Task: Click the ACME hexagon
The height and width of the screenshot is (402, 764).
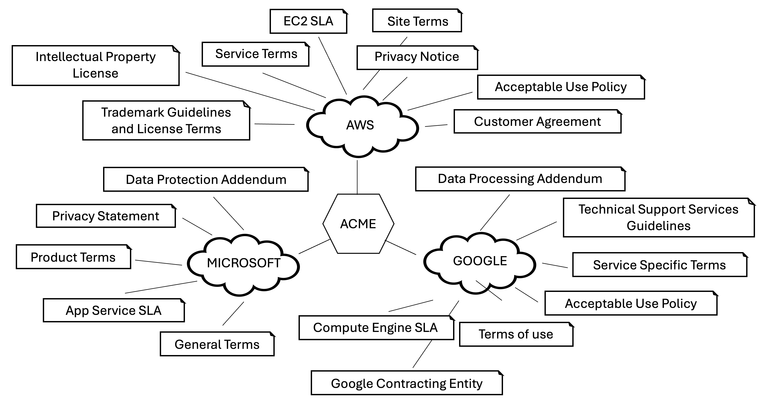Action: (358, 224)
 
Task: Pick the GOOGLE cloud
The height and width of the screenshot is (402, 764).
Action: (480, 261)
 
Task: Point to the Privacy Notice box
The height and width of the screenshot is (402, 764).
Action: (417, 57)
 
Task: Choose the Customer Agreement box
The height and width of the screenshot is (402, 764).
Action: (537, 122)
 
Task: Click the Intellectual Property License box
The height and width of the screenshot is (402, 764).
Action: (96, 65)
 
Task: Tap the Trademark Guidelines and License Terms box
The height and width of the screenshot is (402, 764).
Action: (166, 120)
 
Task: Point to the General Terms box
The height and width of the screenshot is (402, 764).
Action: (217, 344)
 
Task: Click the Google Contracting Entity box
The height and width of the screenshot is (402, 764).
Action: (407, 383)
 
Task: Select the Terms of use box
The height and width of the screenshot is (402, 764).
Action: (516, 334)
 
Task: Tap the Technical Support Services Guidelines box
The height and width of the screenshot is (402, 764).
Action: (658, 218)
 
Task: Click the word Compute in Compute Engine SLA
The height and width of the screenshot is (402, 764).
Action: (332, 328)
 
